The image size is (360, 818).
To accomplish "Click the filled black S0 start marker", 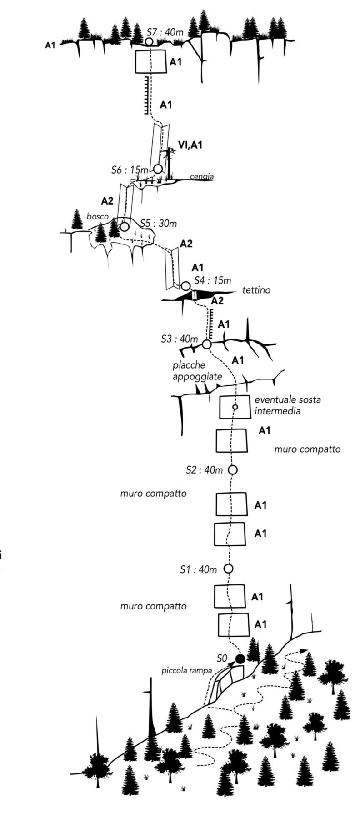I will pyautogui.click(x=240, y=658).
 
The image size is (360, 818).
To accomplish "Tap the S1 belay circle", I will pyautogui.click(x=229, y=569).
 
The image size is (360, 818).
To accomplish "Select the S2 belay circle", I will pyautogui.click(x=233, y=469).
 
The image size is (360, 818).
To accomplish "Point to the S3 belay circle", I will pyautogui.click(x=206, y=344).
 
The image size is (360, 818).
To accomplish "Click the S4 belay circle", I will pyautogui.click(x=185, y=286).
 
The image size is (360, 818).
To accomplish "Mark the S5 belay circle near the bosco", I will pyautogui.click(x=124, y=226).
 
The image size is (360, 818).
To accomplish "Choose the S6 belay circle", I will pyautogui.click(x=158, y=169).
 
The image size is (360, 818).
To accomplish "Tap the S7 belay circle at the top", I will pyautogui.click(x=149, y=42).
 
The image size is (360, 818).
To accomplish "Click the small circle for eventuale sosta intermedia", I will pyautogui.click(x=235, y=407).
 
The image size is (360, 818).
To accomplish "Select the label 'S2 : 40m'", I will pyautogui.click(x=204, y=470).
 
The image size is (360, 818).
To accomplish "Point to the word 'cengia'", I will pyautogui.click(x=201, y=177).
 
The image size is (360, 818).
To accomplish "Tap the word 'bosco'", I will pyautogui.click(x=98, y=217).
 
